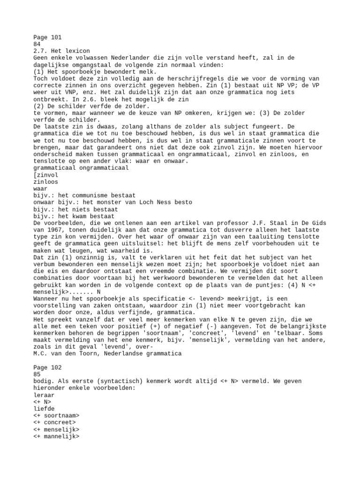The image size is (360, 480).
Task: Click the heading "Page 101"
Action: tap(47, 37)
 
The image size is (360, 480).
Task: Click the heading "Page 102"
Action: tap(47, 368)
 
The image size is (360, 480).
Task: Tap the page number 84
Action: tap(37, 44)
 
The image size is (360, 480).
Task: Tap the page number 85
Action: tap(37, 375)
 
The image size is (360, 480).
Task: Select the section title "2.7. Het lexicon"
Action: tap(61, 51)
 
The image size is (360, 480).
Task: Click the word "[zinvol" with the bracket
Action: tap(46, 175)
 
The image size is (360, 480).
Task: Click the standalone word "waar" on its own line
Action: tap(41, 188)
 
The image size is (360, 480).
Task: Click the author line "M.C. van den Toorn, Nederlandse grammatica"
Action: tap(107, 353)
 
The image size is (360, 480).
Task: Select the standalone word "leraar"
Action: tap(44, 395)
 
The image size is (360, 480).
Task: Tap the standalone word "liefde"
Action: tap(44, 409)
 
